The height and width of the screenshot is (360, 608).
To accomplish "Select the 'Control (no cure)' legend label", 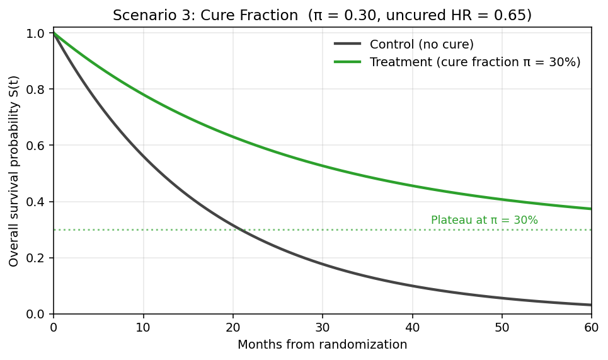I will (422, 44).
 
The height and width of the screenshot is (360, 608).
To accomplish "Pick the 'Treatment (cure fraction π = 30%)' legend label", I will (475, 62).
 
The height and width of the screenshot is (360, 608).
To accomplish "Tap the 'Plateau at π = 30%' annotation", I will (484, 221).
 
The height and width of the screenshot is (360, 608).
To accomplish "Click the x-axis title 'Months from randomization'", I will (322, 345).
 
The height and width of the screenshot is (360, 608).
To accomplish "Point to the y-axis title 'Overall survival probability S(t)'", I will (14, 171).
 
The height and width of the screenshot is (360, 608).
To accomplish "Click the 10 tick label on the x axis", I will (143, 328).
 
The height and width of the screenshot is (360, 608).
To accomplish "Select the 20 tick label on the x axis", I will (233, 328).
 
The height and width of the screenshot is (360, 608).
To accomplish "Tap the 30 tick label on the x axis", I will (323, 328).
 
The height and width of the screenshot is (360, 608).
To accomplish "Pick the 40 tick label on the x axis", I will (412, 328).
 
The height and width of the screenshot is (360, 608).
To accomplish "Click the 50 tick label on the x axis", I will (502, 328).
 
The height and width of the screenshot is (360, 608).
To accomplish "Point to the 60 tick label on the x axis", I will (592, 328).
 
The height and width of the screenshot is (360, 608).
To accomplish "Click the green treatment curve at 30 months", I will (323, 166).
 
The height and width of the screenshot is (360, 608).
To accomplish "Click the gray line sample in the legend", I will (347, 44).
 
